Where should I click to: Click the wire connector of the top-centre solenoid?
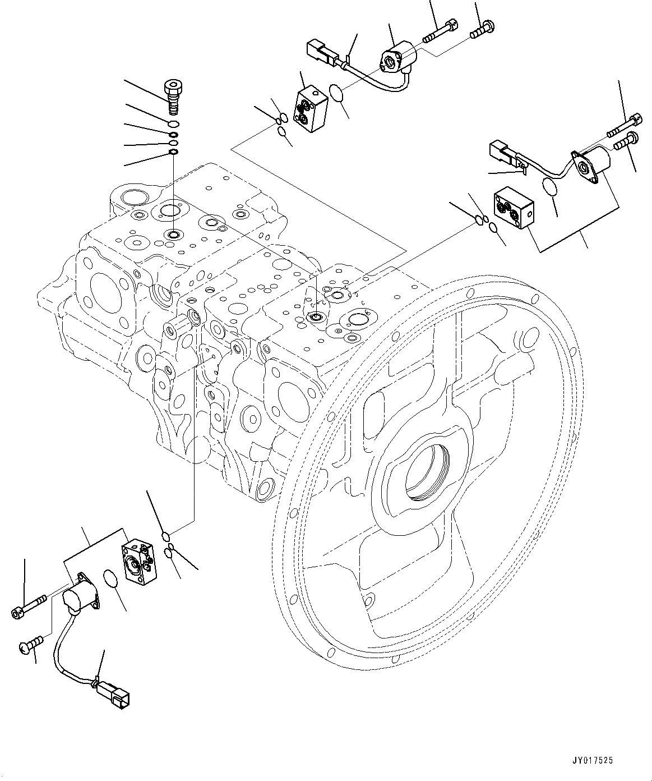tap(320, 52)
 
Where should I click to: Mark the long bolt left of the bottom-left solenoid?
tap(32, 607)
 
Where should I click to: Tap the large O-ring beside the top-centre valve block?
tap(337, 94)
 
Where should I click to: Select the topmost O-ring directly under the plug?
tap(174, 123)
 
